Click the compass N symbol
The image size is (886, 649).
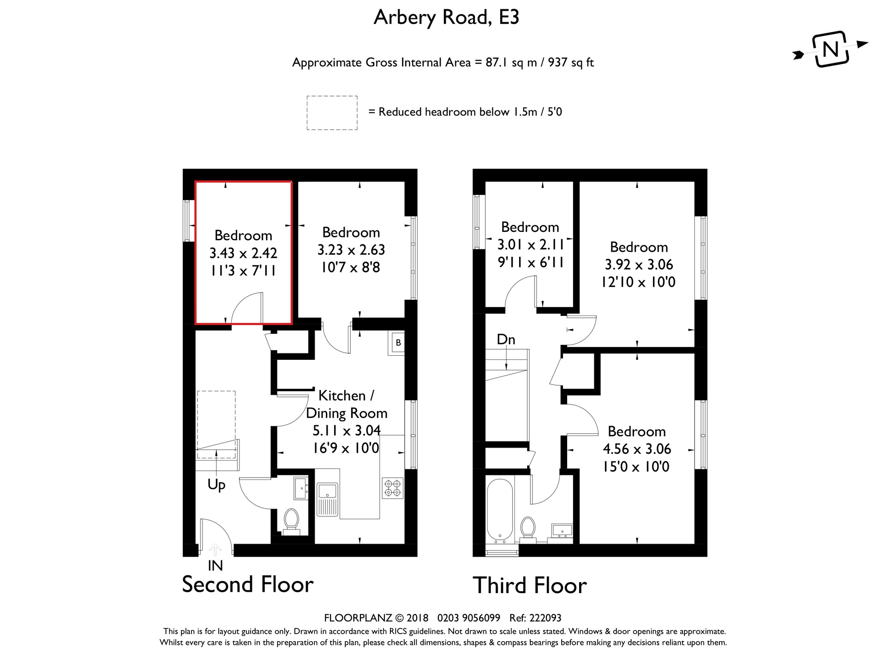click(x=831, y=49)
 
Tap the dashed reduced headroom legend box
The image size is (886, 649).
click(x=332, y=113)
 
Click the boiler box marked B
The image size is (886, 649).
click(x=398, y=343)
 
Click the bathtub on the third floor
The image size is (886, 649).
click(x=499, y=511)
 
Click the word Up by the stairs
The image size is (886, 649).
click(x=216, y=484)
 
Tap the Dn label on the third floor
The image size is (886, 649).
click(x=506, y=340)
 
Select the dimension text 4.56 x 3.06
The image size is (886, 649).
click(x=637, y=449)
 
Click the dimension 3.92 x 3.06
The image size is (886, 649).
click(x=639, y=265)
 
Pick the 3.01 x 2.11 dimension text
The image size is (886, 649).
click(x=530, y=244)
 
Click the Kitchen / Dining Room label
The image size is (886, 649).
click(x=347, y=404)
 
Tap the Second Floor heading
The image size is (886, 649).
click(x=248, y=584)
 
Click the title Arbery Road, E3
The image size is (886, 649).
click(x=446, y=18)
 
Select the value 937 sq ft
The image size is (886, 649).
click(x=570, y=62)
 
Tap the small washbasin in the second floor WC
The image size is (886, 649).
click(x=301, y=488)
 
